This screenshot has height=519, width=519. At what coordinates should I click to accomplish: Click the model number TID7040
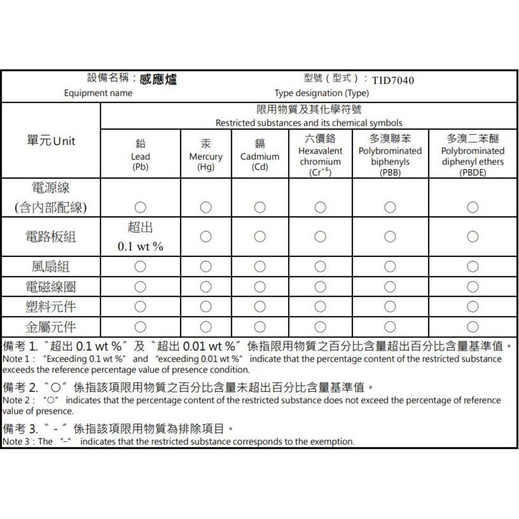393,80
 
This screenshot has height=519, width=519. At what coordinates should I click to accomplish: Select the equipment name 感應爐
158,79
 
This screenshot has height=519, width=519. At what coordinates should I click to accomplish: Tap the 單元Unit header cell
51,141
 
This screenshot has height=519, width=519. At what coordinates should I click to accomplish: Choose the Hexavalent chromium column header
320,155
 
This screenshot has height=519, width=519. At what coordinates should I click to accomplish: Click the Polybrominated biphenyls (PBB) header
390,155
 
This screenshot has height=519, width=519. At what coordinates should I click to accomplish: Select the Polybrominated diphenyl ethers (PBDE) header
473,155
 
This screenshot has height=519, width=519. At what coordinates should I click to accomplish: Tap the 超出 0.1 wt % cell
140,237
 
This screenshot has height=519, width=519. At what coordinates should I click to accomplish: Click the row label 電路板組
51,237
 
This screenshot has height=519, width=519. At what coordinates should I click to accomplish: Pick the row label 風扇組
51,267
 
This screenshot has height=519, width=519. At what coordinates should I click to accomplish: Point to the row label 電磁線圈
51,286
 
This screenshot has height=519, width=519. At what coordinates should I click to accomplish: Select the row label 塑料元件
51,307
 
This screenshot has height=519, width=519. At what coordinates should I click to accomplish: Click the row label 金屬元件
51,327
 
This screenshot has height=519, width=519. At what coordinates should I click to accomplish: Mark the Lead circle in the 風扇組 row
140,267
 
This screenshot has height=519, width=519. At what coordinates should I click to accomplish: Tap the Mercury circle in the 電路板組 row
206,237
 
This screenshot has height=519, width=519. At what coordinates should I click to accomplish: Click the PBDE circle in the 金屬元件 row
473,327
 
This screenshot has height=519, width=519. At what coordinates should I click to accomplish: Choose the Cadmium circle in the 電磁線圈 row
259,286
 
